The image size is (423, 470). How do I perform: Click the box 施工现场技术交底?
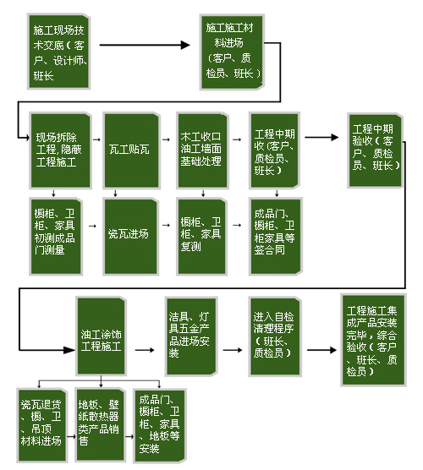(59, 52)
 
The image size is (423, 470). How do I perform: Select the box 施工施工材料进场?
(232, 52)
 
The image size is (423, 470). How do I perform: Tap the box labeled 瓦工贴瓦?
(131, 150)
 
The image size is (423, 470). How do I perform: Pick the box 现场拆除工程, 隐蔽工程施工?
(60, 150)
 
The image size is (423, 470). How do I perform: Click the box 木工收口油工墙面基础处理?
(203, 150)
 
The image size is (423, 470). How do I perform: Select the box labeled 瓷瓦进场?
(131, 236)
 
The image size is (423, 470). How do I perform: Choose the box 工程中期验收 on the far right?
(375, 150)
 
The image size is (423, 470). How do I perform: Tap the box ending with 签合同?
(276, 236)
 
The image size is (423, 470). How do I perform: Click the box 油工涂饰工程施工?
(102, 336)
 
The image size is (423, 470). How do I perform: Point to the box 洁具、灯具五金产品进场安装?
(191, 336)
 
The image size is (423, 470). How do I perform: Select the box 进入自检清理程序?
(275, 336)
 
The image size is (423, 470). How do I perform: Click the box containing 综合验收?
(373, 340)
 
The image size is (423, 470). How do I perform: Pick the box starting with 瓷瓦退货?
(42, 425)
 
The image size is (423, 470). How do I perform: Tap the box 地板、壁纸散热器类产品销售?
(100, 424)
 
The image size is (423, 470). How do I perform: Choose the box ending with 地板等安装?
(160, 426)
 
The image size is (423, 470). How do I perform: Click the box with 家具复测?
(201, 236)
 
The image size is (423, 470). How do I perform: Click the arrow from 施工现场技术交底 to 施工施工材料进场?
(145, 45)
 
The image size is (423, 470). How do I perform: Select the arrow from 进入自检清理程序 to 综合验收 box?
(321, 350)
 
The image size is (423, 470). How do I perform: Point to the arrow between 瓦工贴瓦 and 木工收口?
(166, 139)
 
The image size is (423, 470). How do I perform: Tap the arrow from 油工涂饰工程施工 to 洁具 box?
(145, 350)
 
